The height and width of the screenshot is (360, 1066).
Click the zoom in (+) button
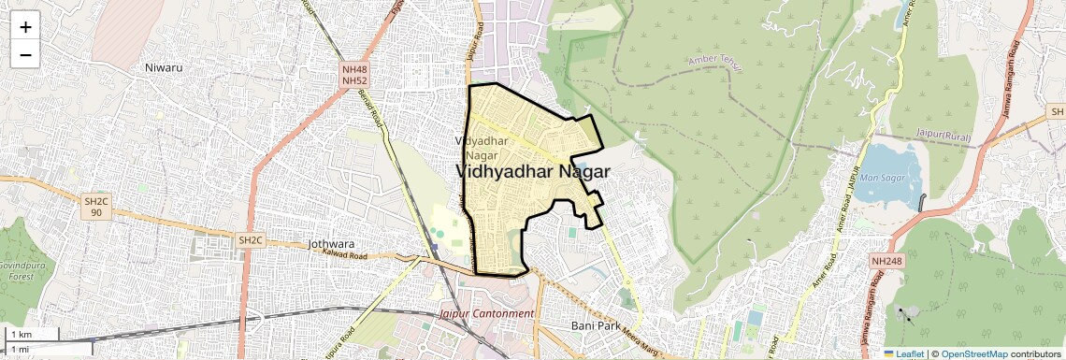coord(25,26)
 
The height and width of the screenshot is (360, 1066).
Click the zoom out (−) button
coord(25,54)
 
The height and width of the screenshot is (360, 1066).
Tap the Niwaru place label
coord(165,67)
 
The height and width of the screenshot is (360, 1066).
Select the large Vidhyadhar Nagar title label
coord(533,172)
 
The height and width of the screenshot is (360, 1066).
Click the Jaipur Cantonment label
coord(486,313)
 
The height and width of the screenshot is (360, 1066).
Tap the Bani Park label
coord(596,325)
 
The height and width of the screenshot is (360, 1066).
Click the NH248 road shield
coord(887,260)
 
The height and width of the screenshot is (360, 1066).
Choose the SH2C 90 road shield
coord(96,207)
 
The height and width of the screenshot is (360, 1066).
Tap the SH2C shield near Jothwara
coord(251,240)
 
